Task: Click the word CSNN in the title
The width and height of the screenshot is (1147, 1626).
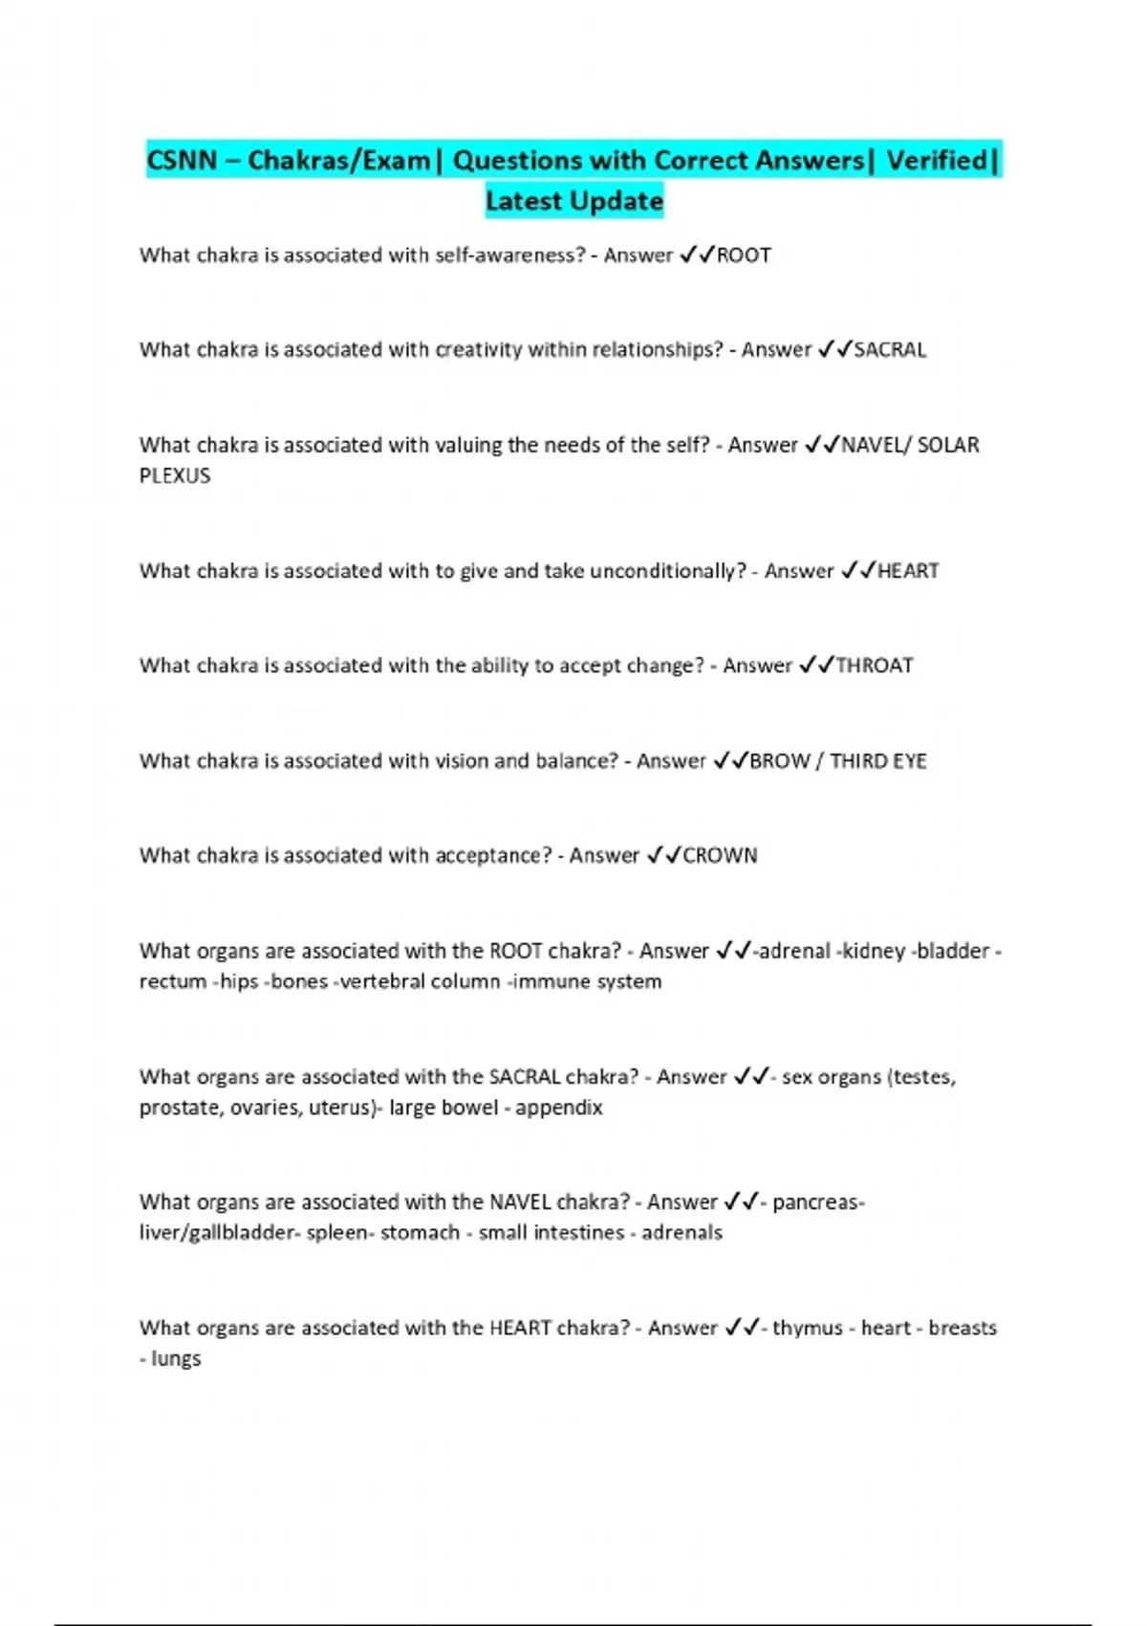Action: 182,160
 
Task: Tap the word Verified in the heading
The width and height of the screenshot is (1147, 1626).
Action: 937,160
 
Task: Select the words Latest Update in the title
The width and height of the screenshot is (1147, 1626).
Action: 573,201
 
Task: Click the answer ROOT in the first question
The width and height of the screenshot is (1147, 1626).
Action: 744,255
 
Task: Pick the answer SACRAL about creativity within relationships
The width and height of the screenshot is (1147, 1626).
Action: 890,350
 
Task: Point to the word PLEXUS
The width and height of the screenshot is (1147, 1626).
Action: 175,475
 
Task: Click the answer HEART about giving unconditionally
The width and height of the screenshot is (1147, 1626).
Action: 908,571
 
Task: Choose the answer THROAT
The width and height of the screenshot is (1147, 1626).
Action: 875,666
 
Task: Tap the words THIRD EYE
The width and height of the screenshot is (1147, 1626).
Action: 877,761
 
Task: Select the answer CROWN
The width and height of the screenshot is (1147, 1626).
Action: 720,856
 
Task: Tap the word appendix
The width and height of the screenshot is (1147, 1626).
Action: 559,1108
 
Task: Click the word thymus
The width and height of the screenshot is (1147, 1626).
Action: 808,1328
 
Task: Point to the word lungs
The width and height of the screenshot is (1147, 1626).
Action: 176,1358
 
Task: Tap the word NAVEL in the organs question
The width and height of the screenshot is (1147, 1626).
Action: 520,1202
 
